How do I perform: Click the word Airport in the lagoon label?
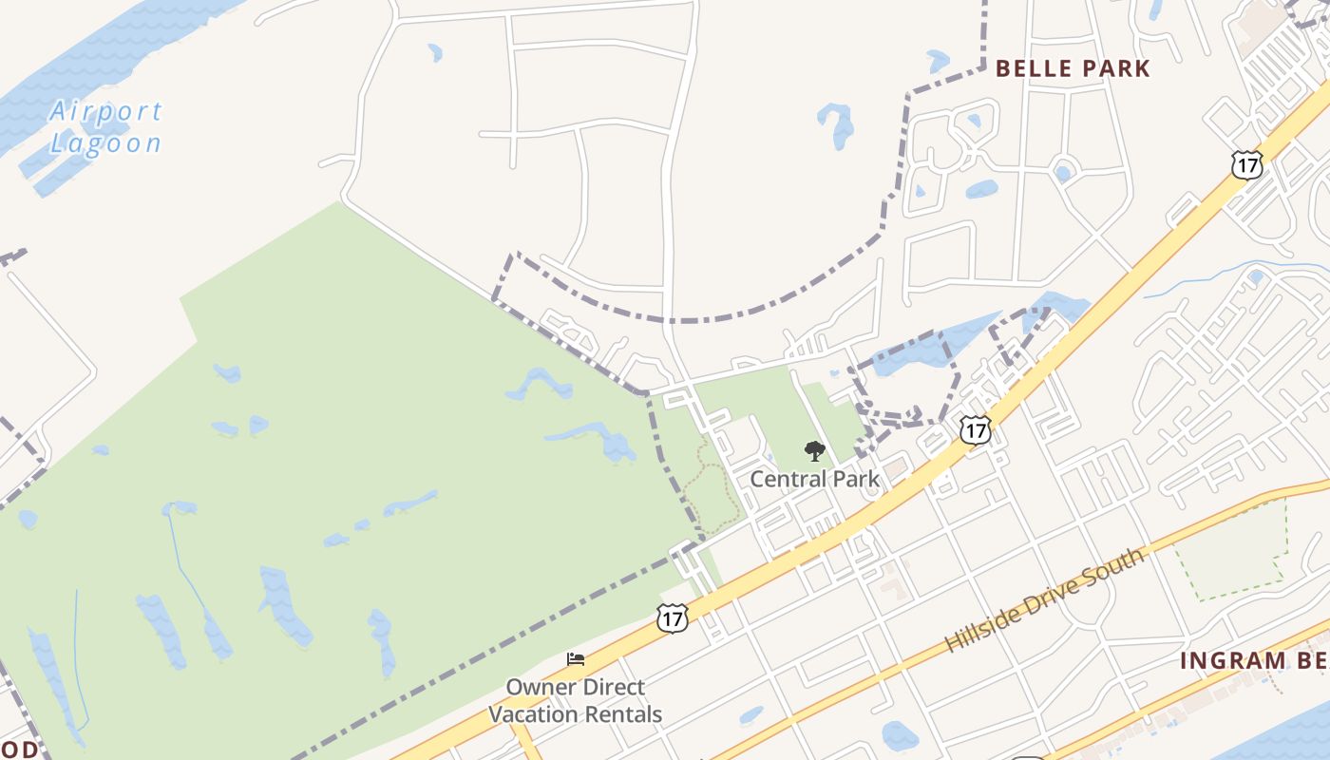coord(106,111)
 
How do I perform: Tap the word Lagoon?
coord(105,143)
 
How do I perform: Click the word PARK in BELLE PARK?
coord(1118,68)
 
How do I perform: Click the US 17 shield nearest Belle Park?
coord(1247,164)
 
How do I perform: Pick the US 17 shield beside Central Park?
coord(975,429)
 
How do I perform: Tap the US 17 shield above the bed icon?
coord(673,618)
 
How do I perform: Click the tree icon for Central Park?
coord(814,451)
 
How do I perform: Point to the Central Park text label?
coord(815,478)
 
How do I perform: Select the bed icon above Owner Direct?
coord(575,658)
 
